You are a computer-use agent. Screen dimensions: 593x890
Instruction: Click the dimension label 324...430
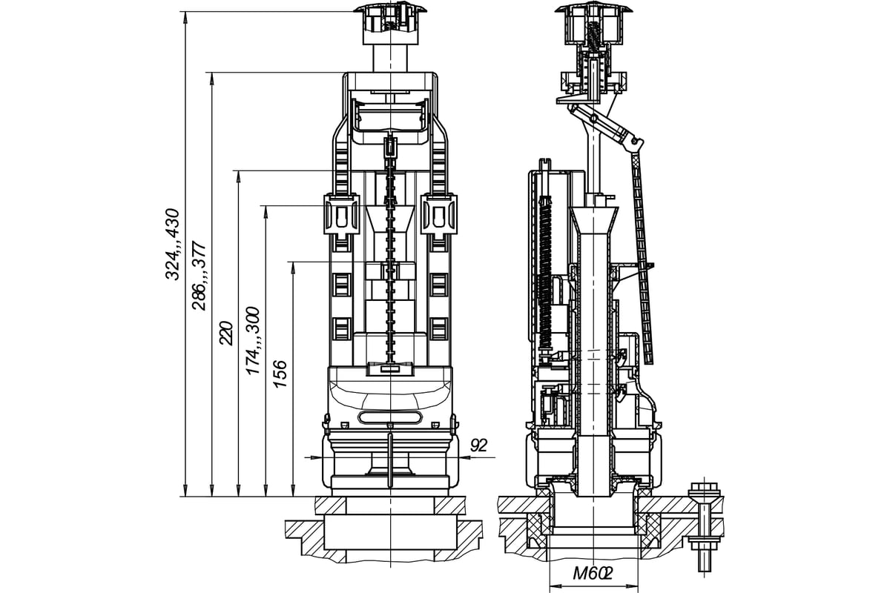coord(172,245)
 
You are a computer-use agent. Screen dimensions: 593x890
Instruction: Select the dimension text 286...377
coord(199,275)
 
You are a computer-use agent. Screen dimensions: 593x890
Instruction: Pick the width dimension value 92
coord(479,445)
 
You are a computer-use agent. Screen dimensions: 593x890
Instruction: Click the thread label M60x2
coord(593,572)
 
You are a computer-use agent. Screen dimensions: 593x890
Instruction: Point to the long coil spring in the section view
coord(547,274)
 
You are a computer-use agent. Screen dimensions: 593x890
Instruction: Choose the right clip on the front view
coord(441,215)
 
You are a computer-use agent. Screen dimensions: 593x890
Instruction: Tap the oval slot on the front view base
coord(389,417)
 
